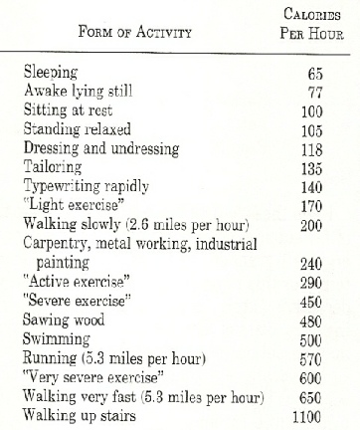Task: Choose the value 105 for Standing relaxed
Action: tap(313, 124)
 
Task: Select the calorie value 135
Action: tap(313, 158)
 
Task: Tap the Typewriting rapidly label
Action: tap(84, 175)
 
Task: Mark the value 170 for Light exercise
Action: tap(313, 193)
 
